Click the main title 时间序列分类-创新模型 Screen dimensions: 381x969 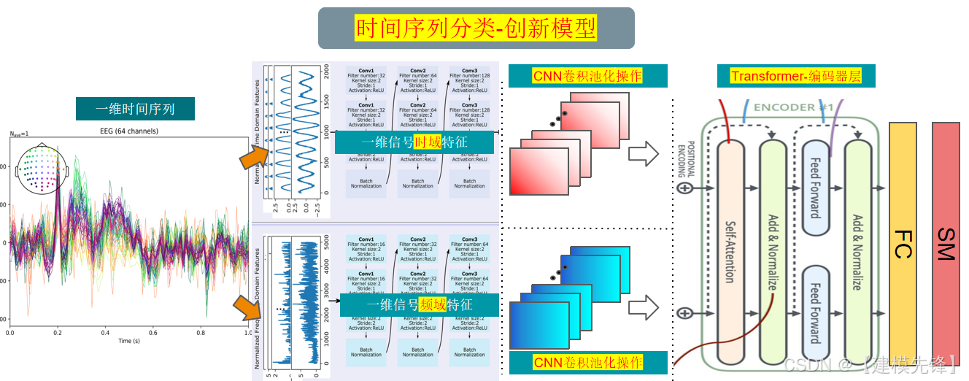coord(476,28)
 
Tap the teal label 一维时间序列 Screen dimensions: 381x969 coord(135,109)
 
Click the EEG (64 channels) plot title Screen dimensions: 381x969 coord(128,131)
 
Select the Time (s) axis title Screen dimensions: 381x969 coord(128,341)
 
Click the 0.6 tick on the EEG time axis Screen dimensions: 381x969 coord(153,332)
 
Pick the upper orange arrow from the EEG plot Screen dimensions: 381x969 coord(255,155)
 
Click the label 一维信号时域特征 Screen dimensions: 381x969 coord(414,142)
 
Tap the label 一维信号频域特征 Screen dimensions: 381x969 coord(419,305)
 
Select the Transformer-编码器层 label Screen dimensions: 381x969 coord(794,76)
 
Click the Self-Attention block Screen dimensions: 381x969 coord(730,252)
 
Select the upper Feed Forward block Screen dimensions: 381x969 coord(815,188)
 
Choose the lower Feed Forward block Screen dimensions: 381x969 coord(815,314)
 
